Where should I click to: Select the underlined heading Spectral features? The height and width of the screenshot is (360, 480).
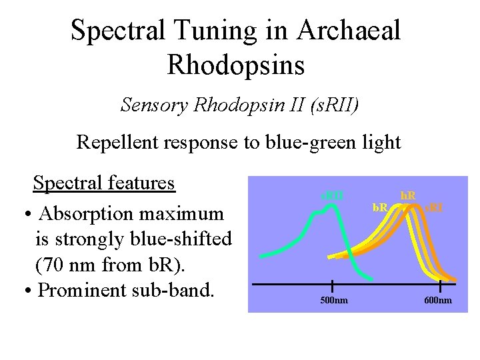(104, 183)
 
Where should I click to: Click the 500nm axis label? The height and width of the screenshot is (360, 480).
(331, 301)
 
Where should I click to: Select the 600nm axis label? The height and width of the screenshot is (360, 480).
(437, 301)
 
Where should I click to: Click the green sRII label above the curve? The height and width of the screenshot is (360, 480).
(332, 195)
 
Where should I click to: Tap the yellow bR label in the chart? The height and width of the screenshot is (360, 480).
(381, 207)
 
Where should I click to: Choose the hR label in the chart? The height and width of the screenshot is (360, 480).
(407, 196)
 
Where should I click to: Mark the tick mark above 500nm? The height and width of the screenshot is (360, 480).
(331, 285)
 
